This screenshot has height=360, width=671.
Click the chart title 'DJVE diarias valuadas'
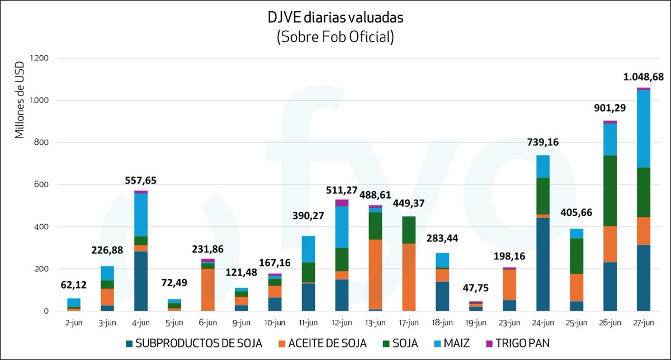(335, 17)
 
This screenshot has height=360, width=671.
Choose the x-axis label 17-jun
(409, 323)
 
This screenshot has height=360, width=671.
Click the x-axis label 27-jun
(644, 323)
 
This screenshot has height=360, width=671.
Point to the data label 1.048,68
(644, 77)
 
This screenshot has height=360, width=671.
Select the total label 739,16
(543, 143)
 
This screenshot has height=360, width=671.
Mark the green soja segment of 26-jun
(610, 191)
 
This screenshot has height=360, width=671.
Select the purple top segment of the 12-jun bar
(342, 202)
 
